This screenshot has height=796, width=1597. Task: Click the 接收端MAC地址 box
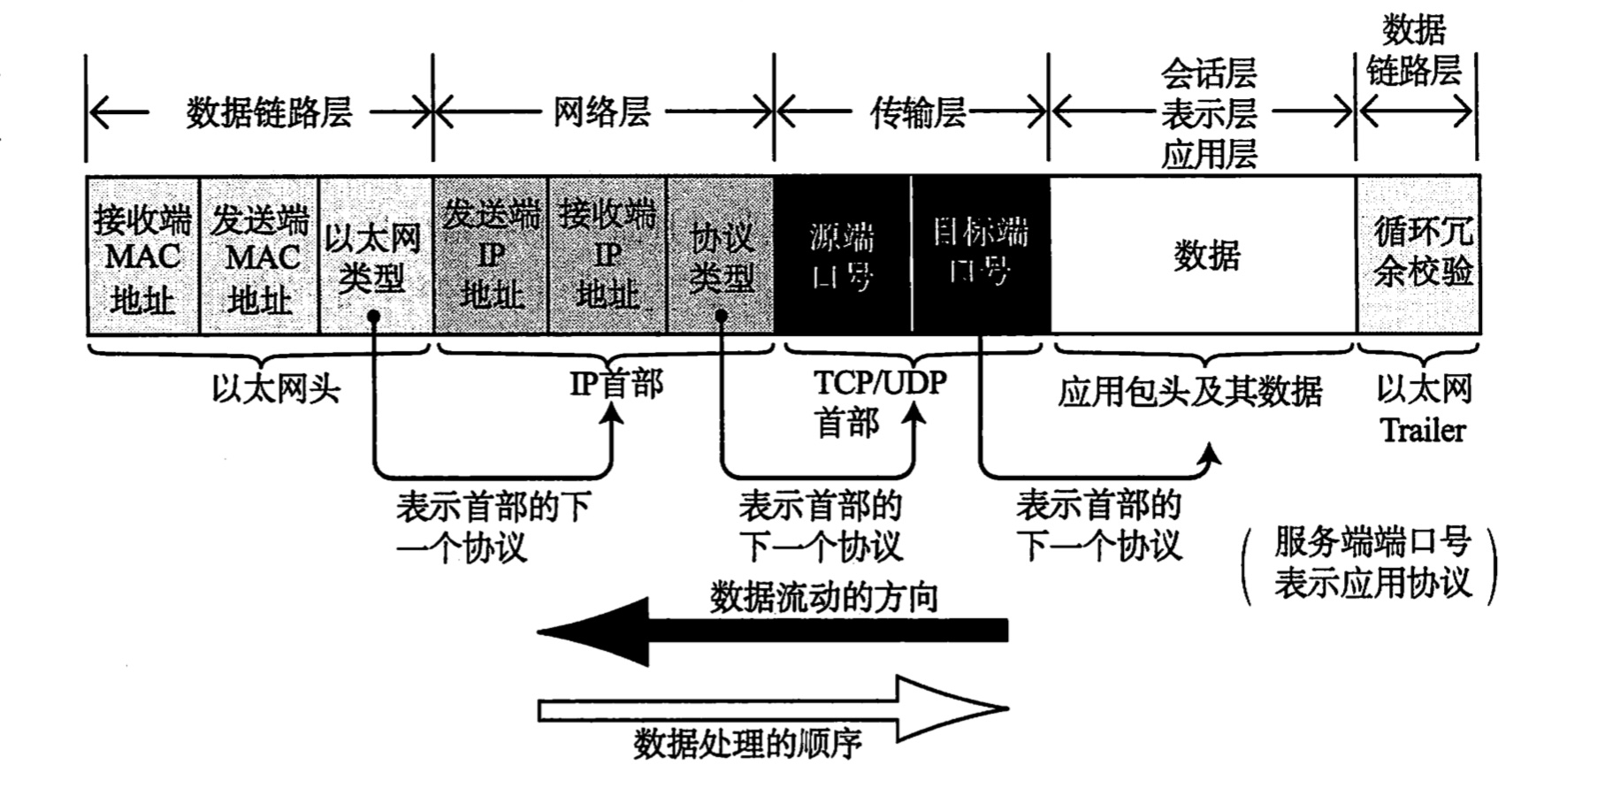tap(143, 256)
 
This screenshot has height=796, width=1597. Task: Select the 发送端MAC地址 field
tap(259, 256)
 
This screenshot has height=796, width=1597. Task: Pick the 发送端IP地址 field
tap(491, 256)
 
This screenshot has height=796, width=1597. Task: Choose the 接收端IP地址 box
tap(607, 256)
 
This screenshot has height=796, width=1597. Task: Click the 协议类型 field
tap(721, 256)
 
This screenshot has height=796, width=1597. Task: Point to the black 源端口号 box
tap(842, 256)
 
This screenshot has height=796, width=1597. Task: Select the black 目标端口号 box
tap(981, 256)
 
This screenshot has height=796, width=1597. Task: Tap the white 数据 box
tap(1204, 256)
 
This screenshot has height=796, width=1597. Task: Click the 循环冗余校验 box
tap(1419, 256)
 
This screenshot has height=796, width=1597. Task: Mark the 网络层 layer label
tap(602, 112)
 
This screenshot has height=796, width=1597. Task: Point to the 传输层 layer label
tap(917, 112)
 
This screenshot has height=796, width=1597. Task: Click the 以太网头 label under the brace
tap(276, 389)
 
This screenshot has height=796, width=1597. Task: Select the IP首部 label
tap(615, 385)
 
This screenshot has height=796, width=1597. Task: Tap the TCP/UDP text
tap(880, 383)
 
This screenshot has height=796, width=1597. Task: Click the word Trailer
tap(1422, 431)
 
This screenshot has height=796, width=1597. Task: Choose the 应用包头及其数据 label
tap(1189, 391)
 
